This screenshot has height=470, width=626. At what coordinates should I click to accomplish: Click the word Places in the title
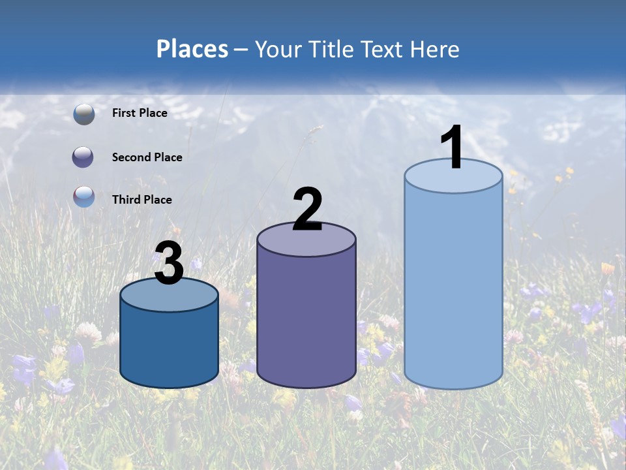click(192, 49)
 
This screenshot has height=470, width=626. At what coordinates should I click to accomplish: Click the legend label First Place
click(140, 113)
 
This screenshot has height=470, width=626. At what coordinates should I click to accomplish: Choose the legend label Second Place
click(147, 157)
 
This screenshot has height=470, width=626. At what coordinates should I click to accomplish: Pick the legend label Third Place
click(142, 200)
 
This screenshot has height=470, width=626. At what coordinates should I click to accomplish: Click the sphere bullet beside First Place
click(83, 114)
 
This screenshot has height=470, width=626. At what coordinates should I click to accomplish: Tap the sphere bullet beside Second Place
click(83, 157)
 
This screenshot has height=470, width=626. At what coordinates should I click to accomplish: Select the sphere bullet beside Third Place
click(83, 196)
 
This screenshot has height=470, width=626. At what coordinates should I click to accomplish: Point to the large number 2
click(308, 210)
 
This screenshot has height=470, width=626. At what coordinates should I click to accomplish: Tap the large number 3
click(170, 263)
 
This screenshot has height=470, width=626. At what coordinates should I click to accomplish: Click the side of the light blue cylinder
click(453, 287)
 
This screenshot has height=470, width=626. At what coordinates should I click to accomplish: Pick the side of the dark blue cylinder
click(170, 346)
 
